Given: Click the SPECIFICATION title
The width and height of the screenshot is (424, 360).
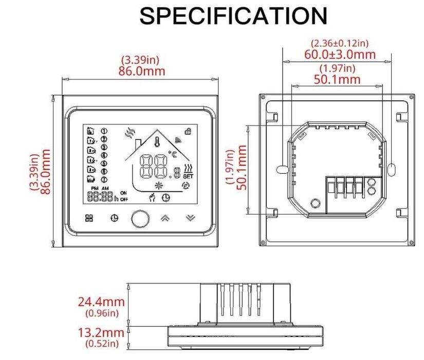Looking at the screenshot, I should coord(233,16).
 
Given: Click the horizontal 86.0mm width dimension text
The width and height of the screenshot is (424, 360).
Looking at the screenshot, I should coord(142,70).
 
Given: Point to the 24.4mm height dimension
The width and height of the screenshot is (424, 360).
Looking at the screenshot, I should coord(101,301).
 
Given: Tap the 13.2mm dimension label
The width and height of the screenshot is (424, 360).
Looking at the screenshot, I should coord(101,333).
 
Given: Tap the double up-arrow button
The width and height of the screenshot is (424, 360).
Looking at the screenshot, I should coord(165,218).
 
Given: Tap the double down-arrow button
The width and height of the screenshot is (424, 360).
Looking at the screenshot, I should coord(191,218).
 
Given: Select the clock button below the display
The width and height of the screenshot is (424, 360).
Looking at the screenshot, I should coord(114,218).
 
